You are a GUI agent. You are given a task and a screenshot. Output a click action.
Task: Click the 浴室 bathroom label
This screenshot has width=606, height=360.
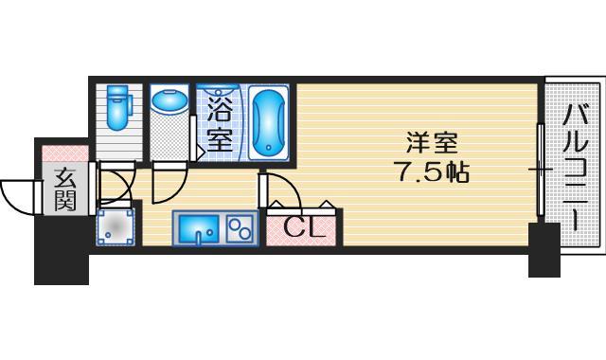pyautogui.click(x=220, y=121)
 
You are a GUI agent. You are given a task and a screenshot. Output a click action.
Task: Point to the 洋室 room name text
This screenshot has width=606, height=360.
pyautogui.click(x=433, y=145)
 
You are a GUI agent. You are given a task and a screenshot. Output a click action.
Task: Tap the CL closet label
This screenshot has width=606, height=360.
pyautogui.click(x=305, y=227)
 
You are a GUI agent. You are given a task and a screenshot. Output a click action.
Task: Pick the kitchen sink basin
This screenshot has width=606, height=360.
pyautogui.click(x=201, y=228)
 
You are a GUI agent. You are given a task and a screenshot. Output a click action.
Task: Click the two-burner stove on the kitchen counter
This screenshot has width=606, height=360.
pyautogui.click(x=241, y=228)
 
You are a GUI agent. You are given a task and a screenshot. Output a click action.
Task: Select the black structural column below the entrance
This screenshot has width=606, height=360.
pyautogui.click(x=62, y=250)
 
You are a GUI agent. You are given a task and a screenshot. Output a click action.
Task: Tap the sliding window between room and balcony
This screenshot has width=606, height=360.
pyautogui.click(x=540, y=171)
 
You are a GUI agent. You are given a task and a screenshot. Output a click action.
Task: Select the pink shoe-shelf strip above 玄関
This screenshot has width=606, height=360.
pyautogui.click(x=64, y=152)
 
